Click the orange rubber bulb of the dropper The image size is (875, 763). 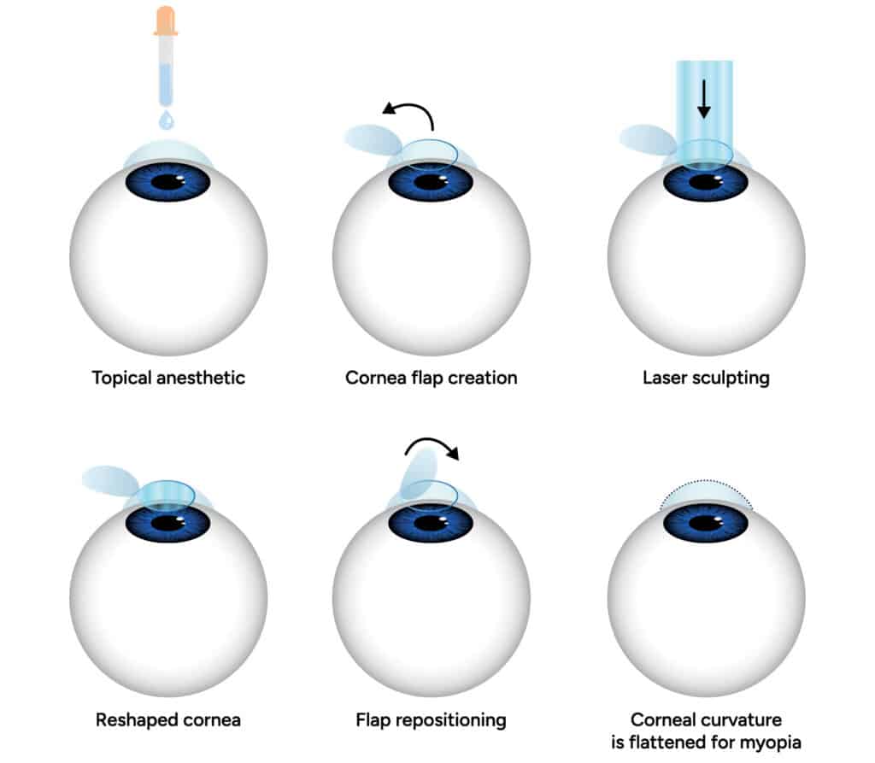pyautogui.click(x=166, y=20)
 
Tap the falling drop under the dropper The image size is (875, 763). pyautogui.click(x=166, y=119)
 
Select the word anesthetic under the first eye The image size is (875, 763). pyautogui.click(x=204, y=377)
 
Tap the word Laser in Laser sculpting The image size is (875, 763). pyautogui.click(x=665, y=377)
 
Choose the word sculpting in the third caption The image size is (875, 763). pyautogui.click(x=731, y=377)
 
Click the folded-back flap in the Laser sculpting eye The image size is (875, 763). pyautogui.click(x=647, y=139)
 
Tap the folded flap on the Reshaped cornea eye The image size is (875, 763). pyautogui.click(x=110, y=479)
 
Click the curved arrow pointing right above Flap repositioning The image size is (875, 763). pyautogui.click(x=432, y=448)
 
